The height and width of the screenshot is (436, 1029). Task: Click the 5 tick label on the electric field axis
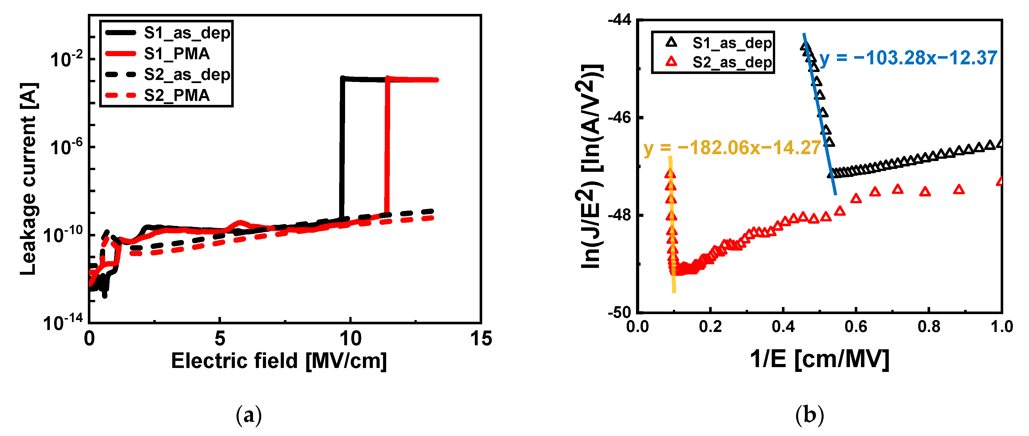(x=220, y=339)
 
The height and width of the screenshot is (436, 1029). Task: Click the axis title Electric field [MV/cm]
(x=279, y=361)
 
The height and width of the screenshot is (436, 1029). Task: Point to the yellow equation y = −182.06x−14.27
(x=732, y=148)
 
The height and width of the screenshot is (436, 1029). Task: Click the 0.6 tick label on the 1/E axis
(x=856, y=327)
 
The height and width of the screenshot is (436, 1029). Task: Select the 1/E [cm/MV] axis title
(x=819, y=359)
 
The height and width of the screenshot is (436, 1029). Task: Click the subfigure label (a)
(x=249, y=416)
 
